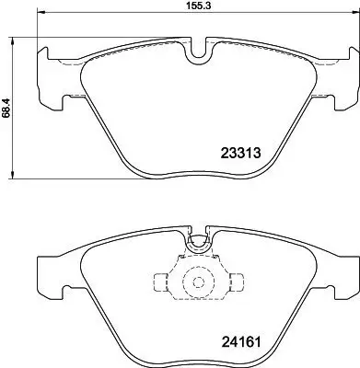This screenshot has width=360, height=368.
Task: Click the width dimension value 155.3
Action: (x=192, y=6)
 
